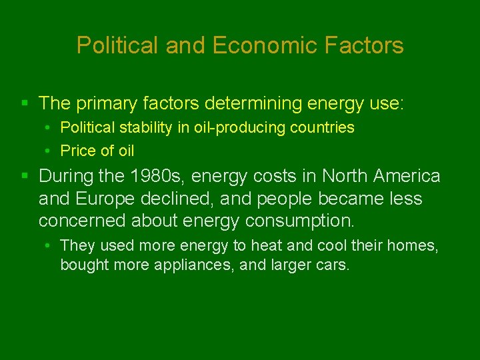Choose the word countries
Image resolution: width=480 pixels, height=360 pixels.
coord(322,127)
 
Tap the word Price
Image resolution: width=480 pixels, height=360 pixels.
coord(76,151)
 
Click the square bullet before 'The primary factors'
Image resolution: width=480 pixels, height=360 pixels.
coord(25,103)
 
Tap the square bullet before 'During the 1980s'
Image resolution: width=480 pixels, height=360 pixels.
coord(25,176)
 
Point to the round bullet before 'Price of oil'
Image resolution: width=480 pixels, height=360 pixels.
coord(50,151)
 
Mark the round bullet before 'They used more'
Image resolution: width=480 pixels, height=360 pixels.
coord(50,246)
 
